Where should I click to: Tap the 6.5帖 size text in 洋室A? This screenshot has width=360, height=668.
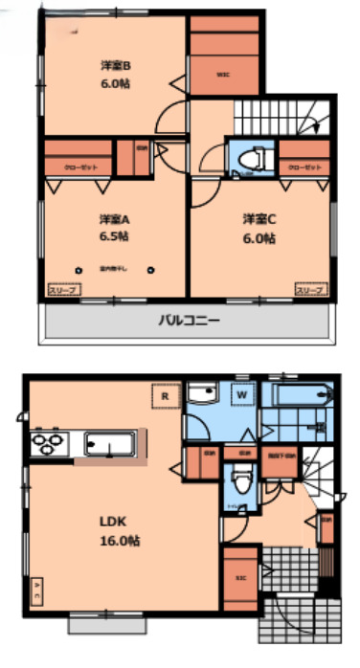(112, 235)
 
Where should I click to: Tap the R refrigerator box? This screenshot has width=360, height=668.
(165, 393)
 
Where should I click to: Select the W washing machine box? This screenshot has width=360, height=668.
(242, 394)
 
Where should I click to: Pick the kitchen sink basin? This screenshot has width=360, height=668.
(107, 443)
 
